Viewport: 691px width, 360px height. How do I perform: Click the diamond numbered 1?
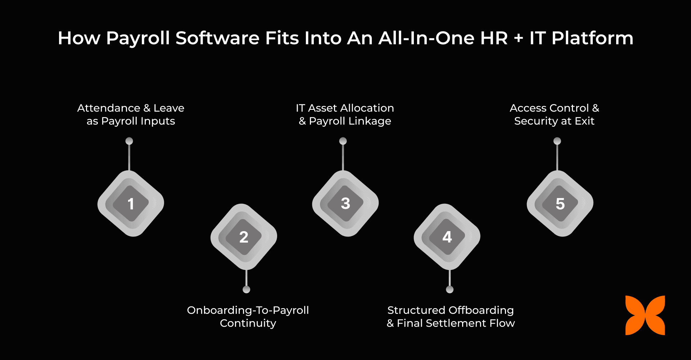[x=131, y=203]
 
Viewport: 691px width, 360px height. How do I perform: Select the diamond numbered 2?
[x=244, y=237]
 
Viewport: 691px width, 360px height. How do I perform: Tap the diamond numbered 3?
[x=345, y=203]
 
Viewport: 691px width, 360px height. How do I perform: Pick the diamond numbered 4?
[x=447, y=237]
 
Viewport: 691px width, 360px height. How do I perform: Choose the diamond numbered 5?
[x=560, y=203]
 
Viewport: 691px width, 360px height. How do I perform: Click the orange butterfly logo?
[x=645, y=315]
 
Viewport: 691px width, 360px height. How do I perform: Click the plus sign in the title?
[x=518, y=38]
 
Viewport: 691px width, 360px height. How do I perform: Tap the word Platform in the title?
[x=592, y=38]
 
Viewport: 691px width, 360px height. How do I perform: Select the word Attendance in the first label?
[x=109, y=108]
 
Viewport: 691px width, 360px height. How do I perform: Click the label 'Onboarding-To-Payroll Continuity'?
[x=248, y=316]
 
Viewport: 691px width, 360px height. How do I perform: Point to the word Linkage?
[x=370, y=121]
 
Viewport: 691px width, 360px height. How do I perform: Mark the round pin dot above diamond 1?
[x=129, y=141]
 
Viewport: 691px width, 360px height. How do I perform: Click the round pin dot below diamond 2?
[x=247, y=289]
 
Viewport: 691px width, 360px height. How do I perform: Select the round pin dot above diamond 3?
[x=343, y=141]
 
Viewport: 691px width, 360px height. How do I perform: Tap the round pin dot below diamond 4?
[x=450, y=289]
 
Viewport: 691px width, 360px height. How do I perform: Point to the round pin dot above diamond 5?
[x=557, y=141]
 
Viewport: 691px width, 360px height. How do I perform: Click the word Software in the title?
[x=217, y=38]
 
